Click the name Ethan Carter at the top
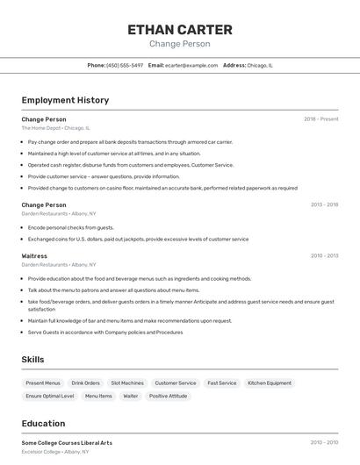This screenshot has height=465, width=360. pyautogui.click(x=179, y=29)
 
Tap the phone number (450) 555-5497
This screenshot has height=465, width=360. pyautogui.click(x=125, y=65)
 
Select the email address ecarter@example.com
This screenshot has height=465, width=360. pyautogui.click(x=191, y=65)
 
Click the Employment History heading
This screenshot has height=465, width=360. pyautogui.click(x=65, y=100)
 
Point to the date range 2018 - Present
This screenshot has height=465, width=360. pyautogui.click(x=320, y=119)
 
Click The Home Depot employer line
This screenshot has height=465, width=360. pyautogui.click(x=55, y=128)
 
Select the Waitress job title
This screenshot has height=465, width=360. pyautogui.click(x=34, y=256)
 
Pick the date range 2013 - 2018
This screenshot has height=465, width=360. pyautogui.click(x=324, y=205)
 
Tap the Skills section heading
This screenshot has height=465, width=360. pyautogui.click(x=32, y=360)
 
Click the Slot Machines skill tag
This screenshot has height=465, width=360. pyautogui.click(x=127, y=383)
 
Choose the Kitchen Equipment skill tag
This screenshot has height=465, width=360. pyautogui.click(x=270, y=383)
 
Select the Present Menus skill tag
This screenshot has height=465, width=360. pyautogui.click(x=43, y=383)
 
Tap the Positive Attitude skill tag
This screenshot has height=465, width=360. pyautogui.click(x=168, y=397)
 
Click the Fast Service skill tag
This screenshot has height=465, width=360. pyautogui.click(x=221, y=383)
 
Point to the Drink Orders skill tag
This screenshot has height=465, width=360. pyautogui.click(x=86, y=383)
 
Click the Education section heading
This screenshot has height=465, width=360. pyautogui.click(x=43, y=424)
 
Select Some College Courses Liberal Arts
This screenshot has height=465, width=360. pyautogui.click(x=67, y=443)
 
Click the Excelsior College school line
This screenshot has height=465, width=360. pyautogui.click(x=55, y=452)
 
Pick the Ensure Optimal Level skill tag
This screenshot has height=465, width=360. pyautogui.click(x=50, y=397)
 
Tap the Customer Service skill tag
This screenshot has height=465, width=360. pyautogui.click(x=176, y=383)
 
